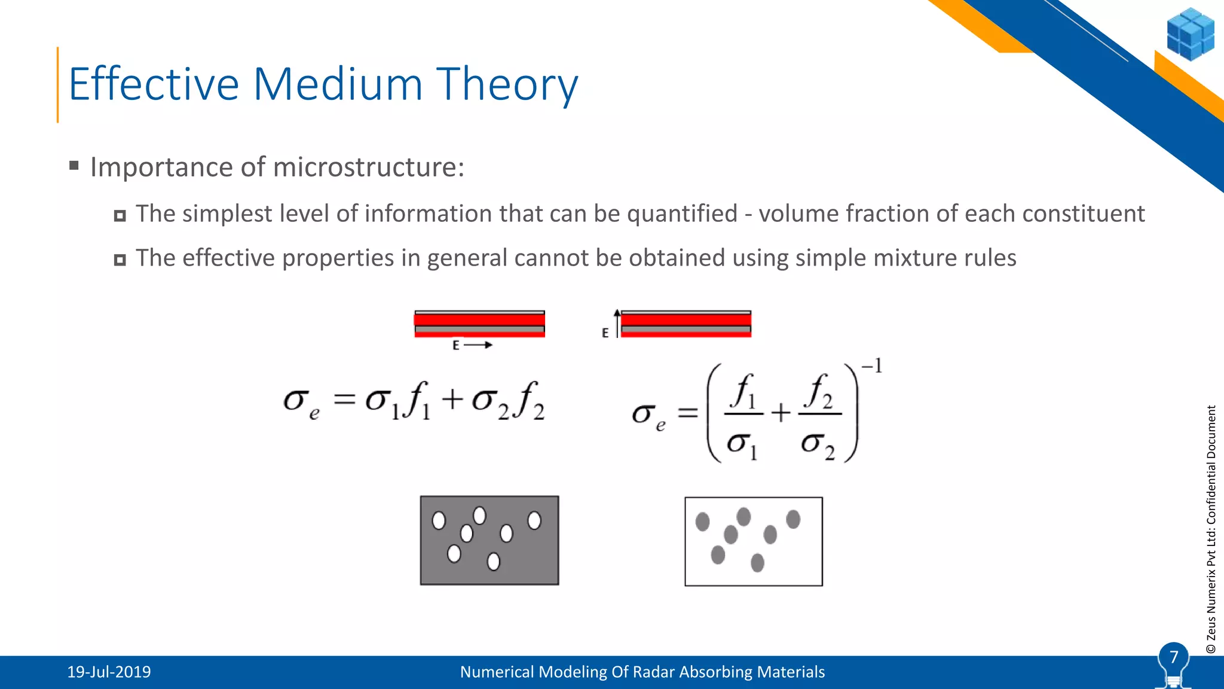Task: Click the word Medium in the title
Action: point(338,84)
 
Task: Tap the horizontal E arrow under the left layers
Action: point(478,345)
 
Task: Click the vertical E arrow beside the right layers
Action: point(617,323)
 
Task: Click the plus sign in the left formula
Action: point(452,400)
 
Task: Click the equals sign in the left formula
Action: point(344,400)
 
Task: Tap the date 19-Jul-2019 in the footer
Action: point(109,672)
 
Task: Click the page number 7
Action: point(1173,657)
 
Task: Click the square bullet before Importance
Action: point(74,166)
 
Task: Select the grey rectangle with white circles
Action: point(489,540)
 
